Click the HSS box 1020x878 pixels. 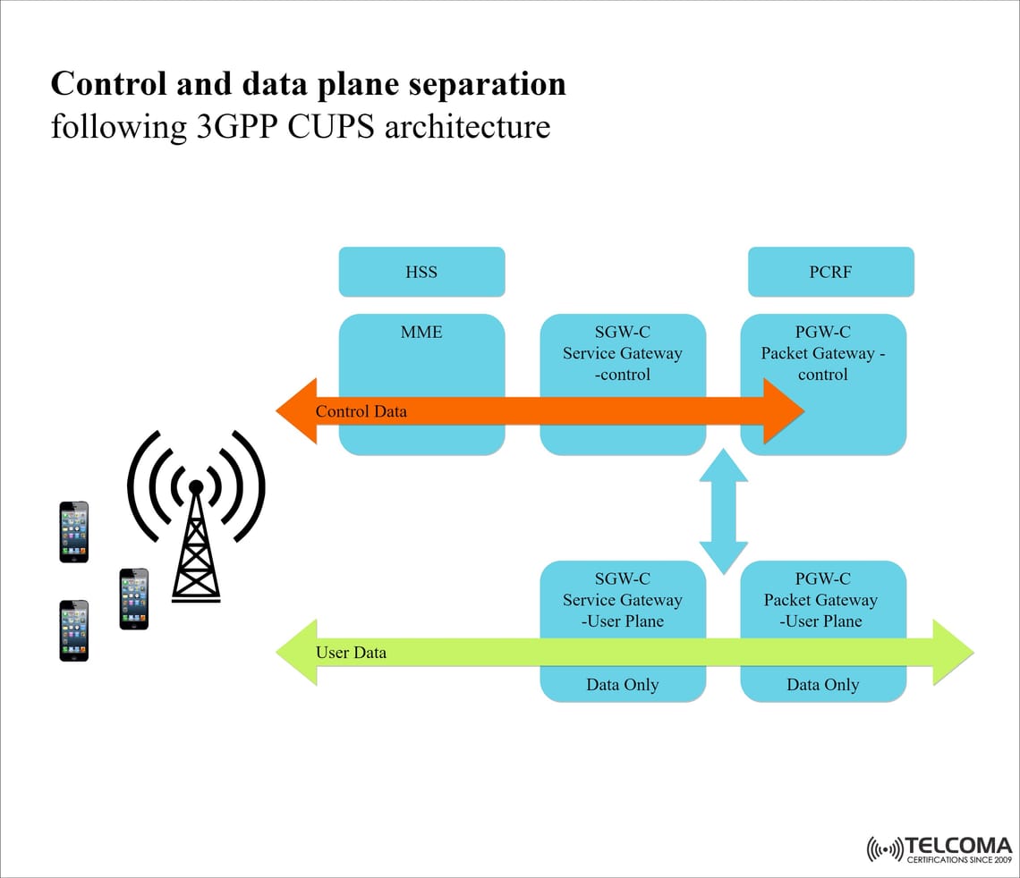(x=421, y=272)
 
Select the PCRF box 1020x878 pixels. (x=830, y=272)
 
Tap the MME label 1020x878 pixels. (x=421, y=333)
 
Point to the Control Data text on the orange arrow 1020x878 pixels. (x=361, y=411)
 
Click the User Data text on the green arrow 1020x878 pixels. (x=351, y=653)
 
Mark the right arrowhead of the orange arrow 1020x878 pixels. (x=783, y=411)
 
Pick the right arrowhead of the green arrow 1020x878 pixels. (x=952, y=653)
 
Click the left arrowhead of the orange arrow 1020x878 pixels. (x=298, y=411)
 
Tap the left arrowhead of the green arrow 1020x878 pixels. (x=298, y=653)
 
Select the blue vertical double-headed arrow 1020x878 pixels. (x=723, y=511)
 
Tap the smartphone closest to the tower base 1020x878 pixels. (x=134, y=599)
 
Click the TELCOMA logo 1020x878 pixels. (x=939, y=849)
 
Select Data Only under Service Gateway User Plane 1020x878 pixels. (x=623, y=685)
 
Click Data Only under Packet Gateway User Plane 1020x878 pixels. (x=823, y=685)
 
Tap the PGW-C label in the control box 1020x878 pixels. (x=823, y=333)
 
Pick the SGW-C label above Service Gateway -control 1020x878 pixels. (x=623, y=333)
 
